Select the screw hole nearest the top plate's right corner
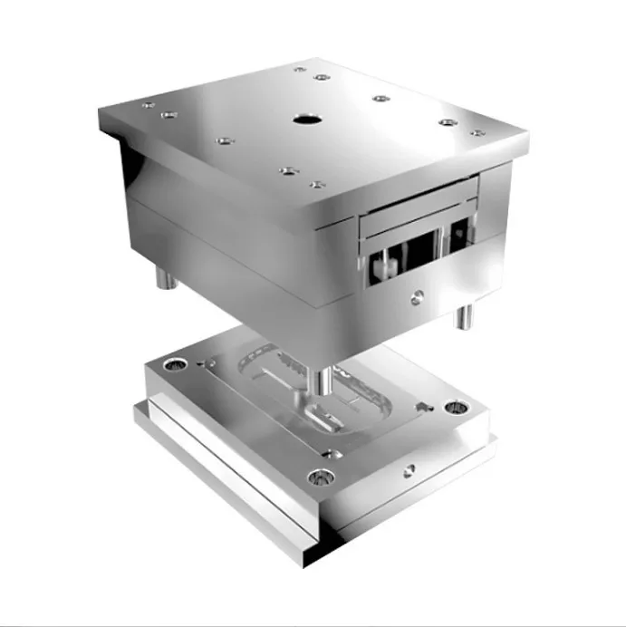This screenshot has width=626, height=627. (477, 133)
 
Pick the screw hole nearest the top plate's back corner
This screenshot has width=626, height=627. (300, 69)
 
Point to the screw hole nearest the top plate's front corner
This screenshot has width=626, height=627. (316, 185)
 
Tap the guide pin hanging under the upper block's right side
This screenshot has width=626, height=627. (464, 316)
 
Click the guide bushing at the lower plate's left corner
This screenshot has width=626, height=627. (171, 364)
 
